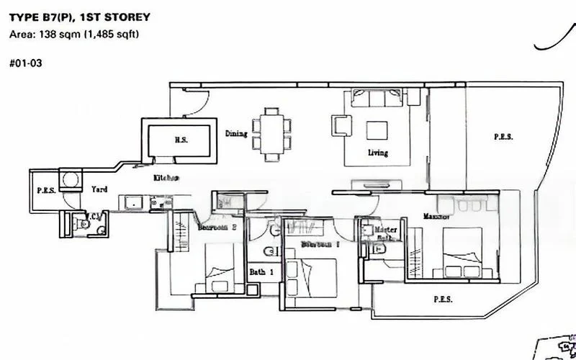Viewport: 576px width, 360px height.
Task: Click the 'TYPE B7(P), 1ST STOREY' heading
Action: [x=80, y=17]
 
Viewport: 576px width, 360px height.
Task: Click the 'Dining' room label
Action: [x=236, y=133]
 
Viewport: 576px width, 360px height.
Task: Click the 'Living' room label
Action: [x=377, y=153]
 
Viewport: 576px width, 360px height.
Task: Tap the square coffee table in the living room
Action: [x=377, y=130]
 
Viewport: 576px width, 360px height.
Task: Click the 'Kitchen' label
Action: [x=166, y=177]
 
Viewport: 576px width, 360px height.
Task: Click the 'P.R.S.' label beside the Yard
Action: [x=46, y=191]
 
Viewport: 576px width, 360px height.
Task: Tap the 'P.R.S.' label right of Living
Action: [x=503, y=136]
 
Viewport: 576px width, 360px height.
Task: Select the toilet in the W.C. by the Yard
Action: [x=85, y=225]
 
